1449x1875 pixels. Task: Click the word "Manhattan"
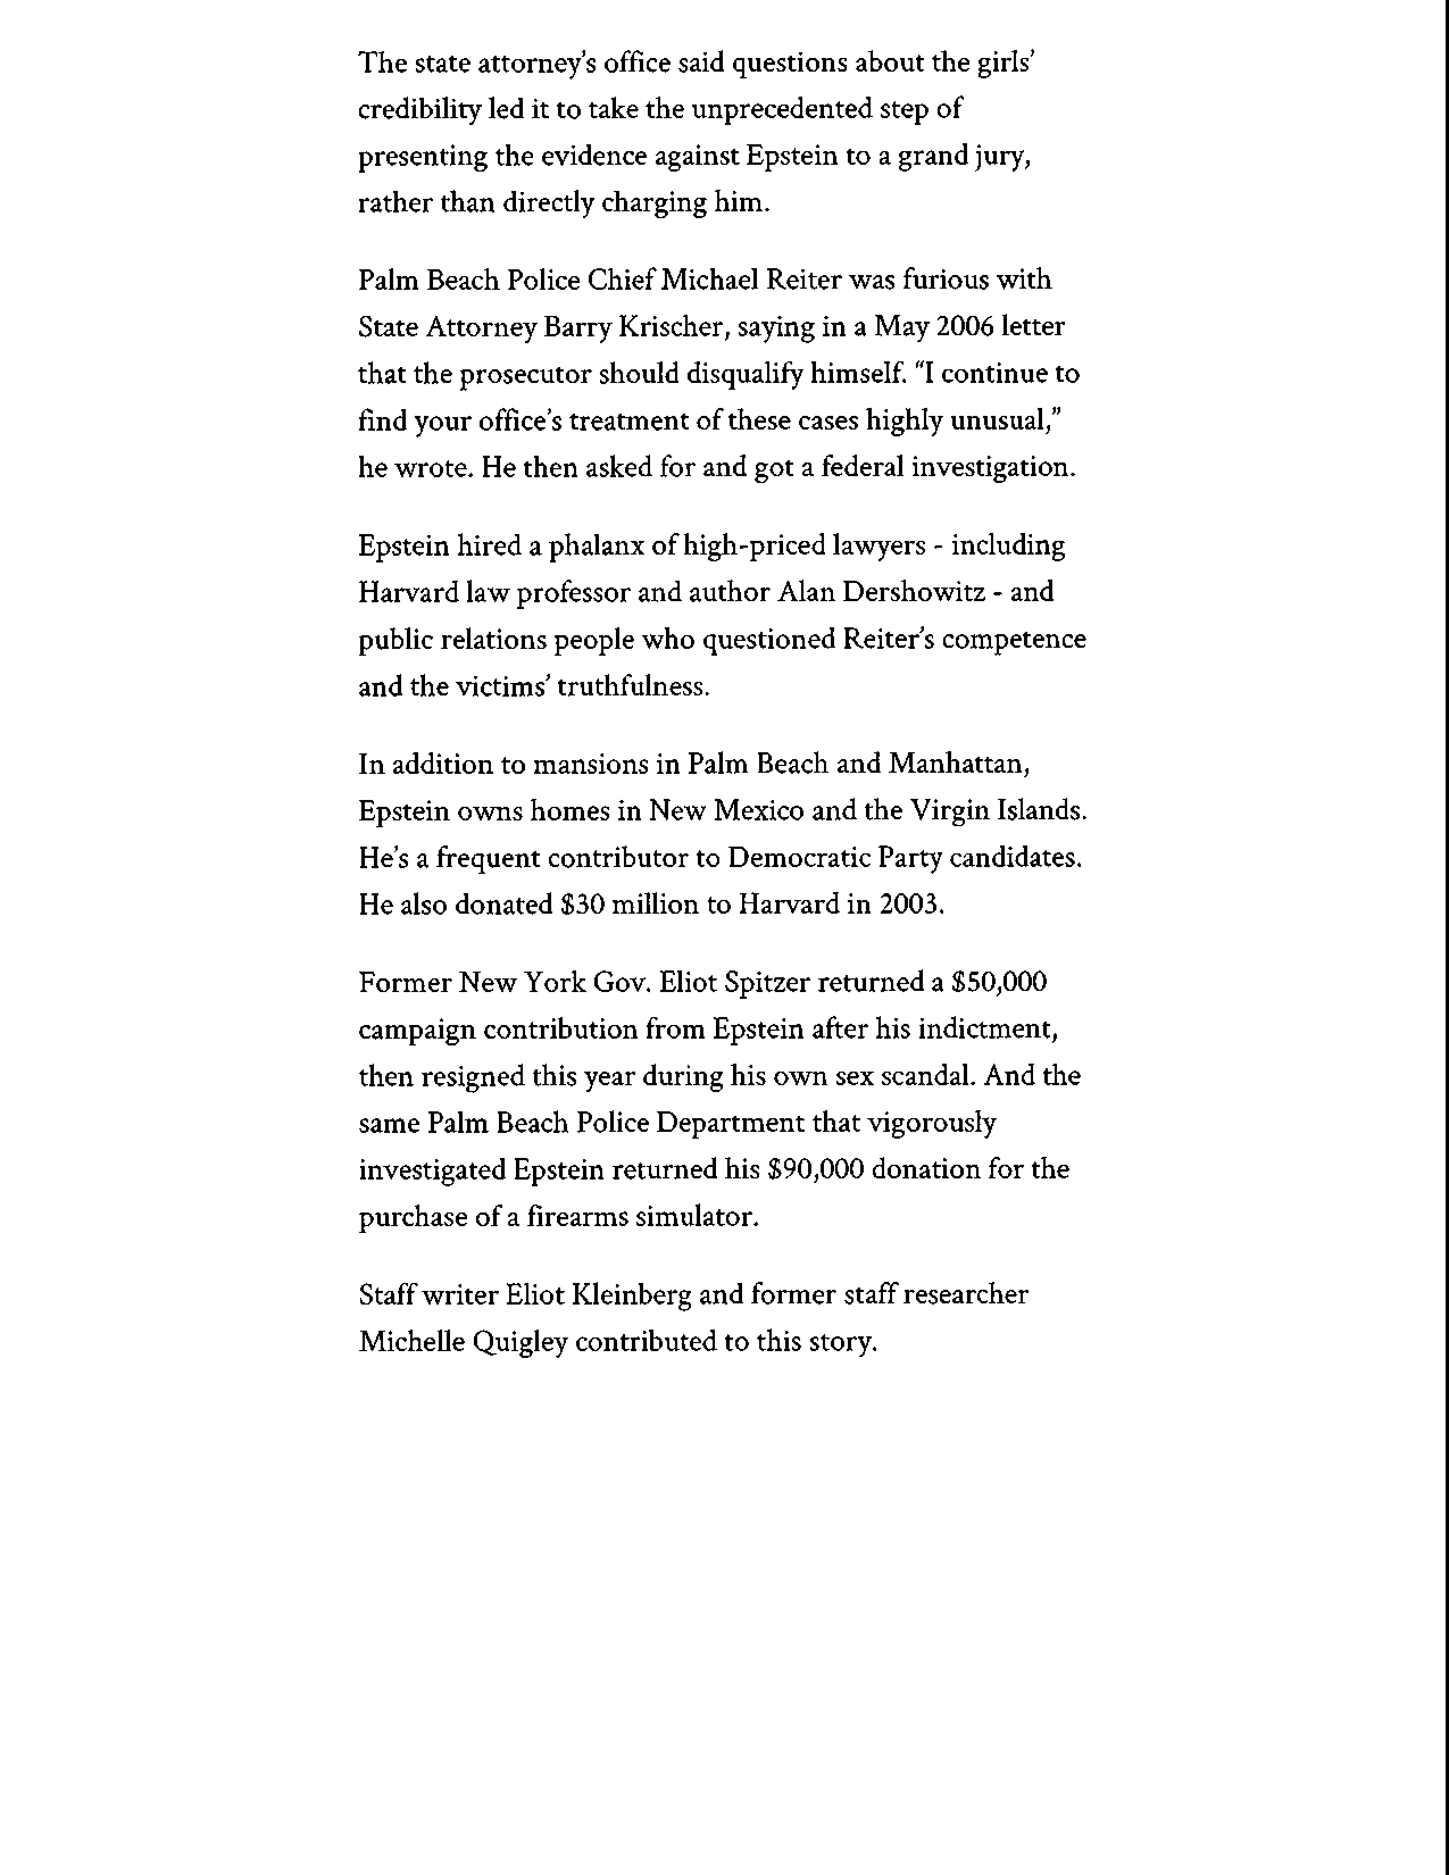[958, 764]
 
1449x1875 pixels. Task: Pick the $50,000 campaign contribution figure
[999, 983]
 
